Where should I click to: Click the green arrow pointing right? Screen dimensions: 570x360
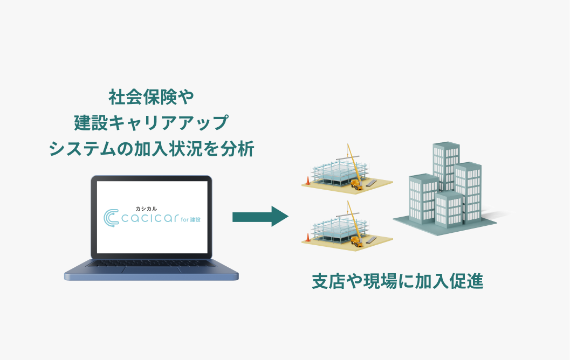pos(260,217)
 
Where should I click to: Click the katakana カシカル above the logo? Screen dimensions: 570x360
pos(146,209)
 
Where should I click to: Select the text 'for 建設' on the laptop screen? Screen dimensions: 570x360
pos(190,219)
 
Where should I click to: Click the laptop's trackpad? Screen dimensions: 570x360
pos(151,270)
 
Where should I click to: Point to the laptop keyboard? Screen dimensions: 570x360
pos(151,262)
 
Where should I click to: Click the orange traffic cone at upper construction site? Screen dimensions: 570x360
pos(308,181)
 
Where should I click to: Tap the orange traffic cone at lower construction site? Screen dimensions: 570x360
pos(308,238)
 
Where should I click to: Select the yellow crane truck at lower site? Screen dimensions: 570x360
pos(356,241)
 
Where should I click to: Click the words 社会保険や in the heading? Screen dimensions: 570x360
pos(151,97)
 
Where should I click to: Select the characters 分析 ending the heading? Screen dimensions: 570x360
pos(237,149)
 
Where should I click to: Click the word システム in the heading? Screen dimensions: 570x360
pos(83,149)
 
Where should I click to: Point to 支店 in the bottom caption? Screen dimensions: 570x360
pos(329,281)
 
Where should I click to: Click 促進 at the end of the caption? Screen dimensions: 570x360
pos(467,281)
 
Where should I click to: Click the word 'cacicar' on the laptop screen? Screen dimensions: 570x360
pos(150,218)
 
